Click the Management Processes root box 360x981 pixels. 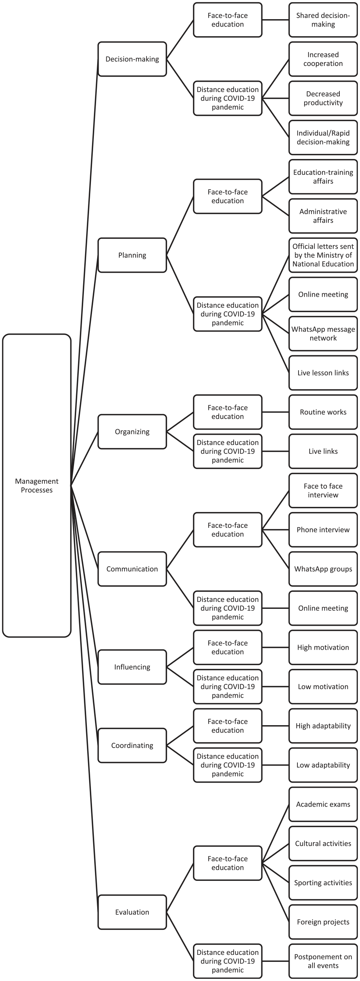coord(36,486)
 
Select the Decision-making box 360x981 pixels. coord(132,59)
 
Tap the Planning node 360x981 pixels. coord(132,255)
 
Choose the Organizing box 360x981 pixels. coord(132,431)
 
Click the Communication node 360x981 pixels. coord(132,569)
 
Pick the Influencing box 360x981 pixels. coord(132,667)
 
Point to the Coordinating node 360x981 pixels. coord(132,745)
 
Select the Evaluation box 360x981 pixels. coord(132,912)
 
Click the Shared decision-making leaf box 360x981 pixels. coord(323,20)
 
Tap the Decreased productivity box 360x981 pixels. coord(323,98)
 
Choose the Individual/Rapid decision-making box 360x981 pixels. coord(323,137)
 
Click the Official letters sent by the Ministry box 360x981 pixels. coord(323,255)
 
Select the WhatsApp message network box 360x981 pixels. coord(323,334)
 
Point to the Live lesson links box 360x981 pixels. coord(323,373)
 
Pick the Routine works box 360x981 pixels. coord(323,412)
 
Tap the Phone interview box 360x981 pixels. coord(323,530)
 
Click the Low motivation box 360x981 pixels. coord(323,687)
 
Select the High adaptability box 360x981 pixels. coord(323,726)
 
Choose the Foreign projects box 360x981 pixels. coord(323,922)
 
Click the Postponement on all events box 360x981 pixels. coord(323,961)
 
